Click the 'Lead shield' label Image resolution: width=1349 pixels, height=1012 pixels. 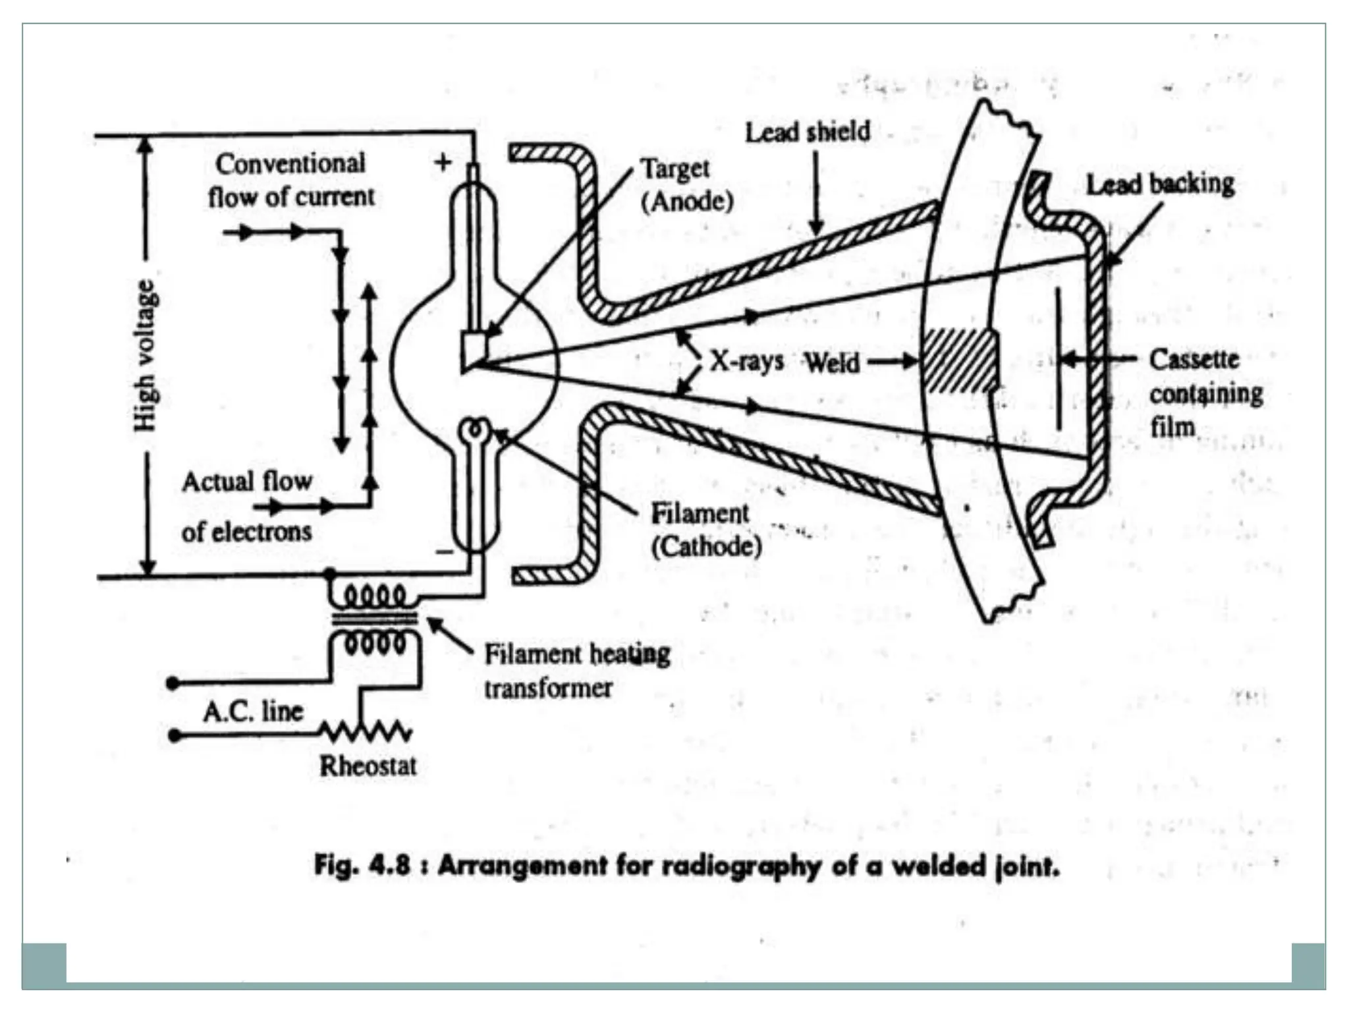pyautogui.click(x=807, y=132)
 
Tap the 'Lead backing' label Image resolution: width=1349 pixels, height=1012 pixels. pyautogui.click(x=1159, y=184)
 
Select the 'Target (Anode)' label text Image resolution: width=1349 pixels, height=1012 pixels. pyautogui.click(x=686, y=185)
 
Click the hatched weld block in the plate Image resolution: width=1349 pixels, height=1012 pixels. pyautogui.click(x=960, y=361)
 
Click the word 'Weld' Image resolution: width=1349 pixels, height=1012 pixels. pyautogui.click(x=832, y=362)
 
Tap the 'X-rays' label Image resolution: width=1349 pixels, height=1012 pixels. pyautogui.click(x=746, y=360)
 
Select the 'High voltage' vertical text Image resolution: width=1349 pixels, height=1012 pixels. pyautogui.click(x=146, y=356)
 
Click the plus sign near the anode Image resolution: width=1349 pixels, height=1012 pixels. pyautogui.click(x=443, y=161)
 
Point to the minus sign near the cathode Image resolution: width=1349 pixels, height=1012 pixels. pyautogui.click(x=445, y=551)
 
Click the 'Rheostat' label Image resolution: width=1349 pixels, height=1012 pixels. pyautogui.click(x=368, y=766)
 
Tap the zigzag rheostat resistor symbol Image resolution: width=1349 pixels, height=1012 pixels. pyautogui.click(x=366, y=731)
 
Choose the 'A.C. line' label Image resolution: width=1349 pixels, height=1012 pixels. pyautogui.click(x=253, y=711)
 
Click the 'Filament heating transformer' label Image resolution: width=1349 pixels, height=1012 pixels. pyautogui.click(x=576, y=671)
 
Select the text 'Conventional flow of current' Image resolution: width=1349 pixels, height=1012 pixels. pyautogui.click(x=290, y=180)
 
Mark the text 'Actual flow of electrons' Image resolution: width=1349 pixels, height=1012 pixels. pyautogui.click(x=246, y=506)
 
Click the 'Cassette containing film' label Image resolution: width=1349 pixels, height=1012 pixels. pyautogui.click(x=1205, y=393)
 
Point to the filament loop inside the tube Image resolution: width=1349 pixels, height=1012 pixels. pyautogui.click(x=474, y=430)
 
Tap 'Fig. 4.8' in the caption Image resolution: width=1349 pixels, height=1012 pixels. pyautogui.click(x=362, y=864)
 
